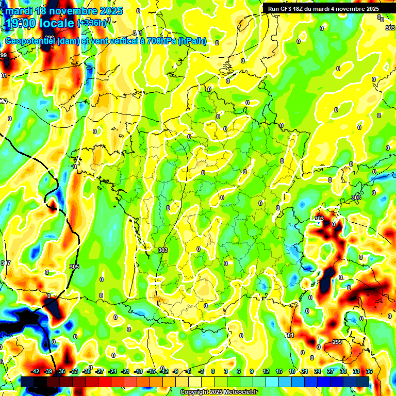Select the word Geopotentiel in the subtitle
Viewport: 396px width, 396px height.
click(30, 41)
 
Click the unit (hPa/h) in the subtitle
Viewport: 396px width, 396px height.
click(192, 41)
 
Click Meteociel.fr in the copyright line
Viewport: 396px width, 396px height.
click(239, 392)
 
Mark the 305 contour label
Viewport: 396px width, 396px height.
click(74, 267)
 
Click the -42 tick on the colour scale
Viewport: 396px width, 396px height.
click(36, 371)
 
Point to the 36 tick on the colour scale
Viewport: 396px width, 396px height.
click(369, 371)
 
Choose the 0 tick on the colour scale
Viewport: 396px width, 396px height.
click(213, 371)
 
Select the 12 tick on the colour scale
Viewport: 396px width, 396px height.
click(266, 371)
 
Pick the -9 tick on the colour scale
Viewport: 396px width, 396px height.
click(175, 371)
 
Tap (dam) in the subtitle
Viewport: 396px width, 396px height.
click(68, 41)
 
